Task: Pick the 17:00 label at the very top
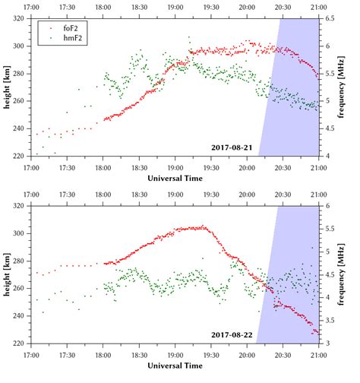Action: [x=31, y=5]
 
